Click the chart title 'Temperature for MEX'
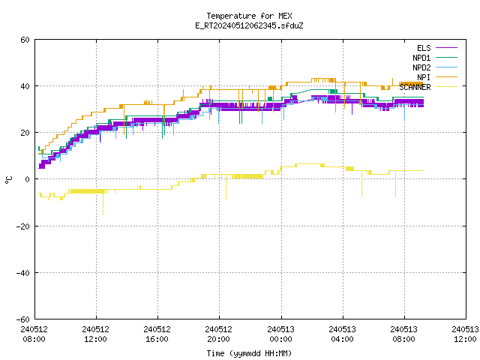(x=249, y=16)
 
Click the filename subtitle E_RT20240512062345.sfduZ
(x=249, y=25)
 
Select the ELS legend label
(x=424, y=48)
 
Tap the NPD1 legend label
(x=421, y=58)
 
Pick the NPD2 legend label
(x=421, y=67)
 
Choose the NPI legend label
(x=424, y=77)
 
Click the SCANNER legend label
(x=415, y=87)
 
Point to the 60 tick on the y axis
(x=25, y=40)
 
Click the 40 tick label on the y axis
(x=25, y=86)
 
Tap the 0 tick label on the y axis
(x=27, y=179)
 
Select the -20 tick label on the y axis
(x=23, y=226)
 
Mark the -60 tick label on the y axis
(x=23, y=319)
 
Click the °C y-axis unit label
(x=8, y=180)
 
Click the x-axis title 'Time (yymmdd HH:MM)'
(x=249, y=353)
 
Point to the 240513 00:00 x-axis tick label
(x=280, y=334)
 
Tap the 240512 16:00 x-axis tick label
(x=157, y=334)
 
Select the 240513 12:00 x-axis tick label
(x=465, y=334)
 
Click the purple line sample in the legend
(x=446, y=48)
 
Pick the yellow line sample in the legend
(x=446, y=87)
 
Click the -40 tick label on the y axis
(x=23, y=273)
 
